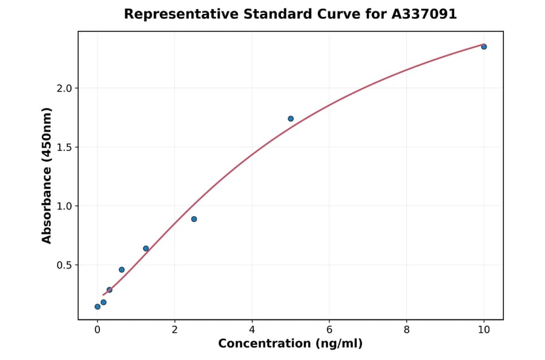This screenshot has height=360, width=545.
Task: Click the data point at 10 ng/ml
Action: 484,47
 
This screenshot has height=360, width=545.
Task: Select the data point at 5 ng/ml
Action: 291,119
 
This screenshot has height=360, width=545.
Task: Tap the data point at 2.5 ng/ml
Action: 194,219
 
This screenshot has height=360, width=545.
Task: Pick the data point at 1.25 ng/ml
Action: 146,248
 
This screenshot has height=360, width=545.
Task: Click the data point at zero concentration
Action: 97,307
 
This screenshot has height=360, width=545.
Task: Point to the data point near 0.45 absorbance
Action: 122,270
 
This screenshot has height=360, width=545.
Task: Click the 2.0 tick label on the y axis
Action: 64,88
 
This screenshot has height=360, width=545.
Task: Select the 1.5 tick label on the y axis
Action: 64,147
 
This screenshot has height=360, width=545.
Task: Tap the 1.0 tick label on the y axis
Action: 64,206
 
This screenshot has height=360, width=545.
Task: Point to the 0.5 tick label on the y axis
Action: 64,265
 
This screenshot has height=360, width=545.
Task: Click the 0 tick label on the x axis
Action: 97,330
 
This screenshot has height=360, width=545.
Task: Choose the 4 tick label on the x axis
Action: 252,330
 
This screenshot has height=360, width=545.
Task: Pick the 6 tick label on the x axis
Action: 329,330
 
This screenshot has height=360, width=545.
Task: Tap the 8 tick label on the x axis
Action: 406,330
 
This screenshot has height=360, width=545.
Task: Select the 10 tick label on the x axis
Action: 484,330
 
